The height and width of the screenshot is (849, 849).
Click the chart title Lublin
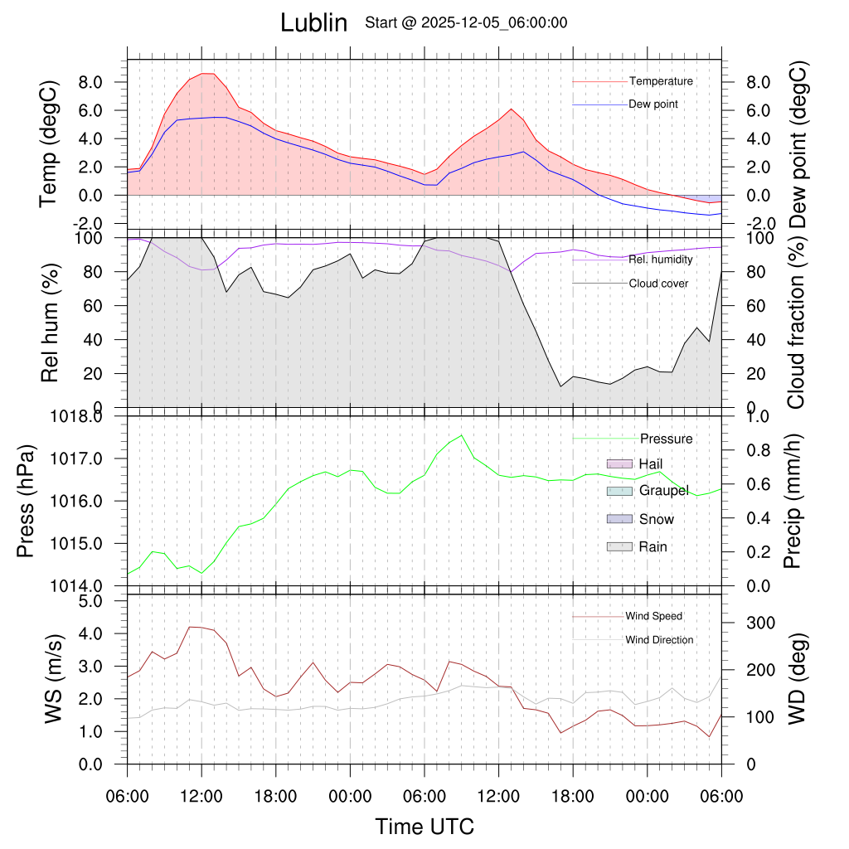pos(313,22)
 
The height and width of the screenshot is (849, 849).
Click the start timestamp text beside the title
pos(466,22)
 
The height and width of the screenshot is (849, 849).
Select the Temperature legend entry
pos(661,81)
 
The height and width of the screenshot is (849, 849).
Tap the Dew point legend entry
pos(653,104)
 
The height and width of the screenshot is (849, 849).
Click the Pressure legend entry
pos(666,439)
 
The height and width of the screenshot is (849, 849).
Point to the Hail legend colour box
pos(620,463)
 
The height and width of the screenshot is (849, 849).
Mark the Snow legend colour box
pos(620,519)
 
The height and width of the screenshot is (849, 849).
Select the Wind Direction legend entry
pos(659,639)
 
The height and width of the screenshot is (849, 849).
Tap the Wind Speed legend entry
pos(654,616)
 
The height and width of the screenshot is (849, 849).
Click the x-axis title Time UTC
pos(424,826)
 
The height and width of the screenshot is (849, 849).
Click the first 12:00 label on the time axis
pos(201,798)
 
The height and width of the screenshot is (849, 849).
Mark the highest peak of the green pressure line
pos(462,434)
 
